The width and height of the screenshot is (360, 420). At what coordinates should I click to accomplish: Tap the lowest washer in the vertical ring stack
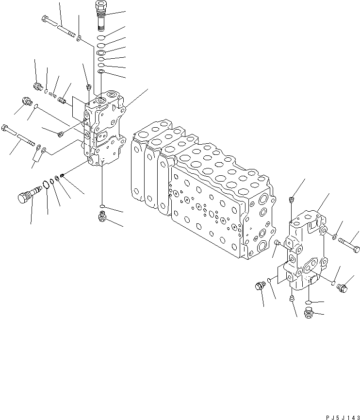[101, 72]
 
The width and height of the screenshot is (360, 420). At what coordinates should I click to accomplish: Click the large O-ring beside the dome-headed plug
[46, 185]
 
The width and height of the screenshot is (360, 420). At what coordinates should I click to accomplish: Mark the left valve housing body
[104, 131]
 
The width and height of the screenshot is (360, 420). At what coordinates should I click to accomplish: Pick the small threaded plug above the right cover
[291, 200]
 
